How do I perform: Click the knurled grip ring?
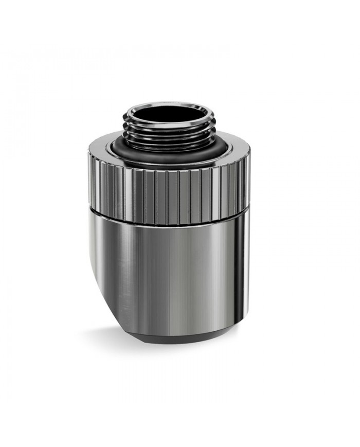pos(170,188)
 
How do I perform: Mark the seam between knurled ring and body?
pos(170,210)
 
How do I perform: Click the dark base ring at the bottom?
pos(177,334)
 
